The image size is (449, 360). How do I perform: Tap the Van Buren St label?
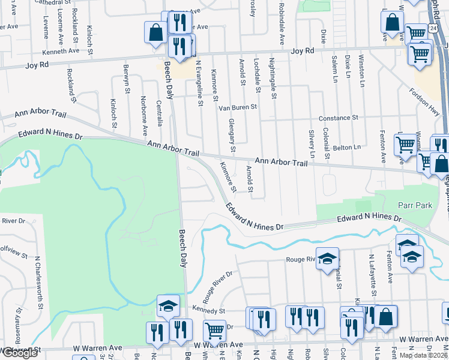tap(237, 107)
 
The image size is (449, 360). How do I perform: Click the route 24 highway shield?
tap(432, 29)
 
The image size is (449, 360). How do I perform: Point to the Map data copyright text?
tap(423, 355)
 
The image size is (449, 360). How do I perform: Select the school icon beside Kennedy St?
tap(168, 305)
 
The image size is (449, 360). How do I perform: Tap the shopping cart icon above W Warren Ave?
tap(214, 330)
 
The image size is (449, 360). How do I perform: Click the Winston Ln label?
tap(361, 71)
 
